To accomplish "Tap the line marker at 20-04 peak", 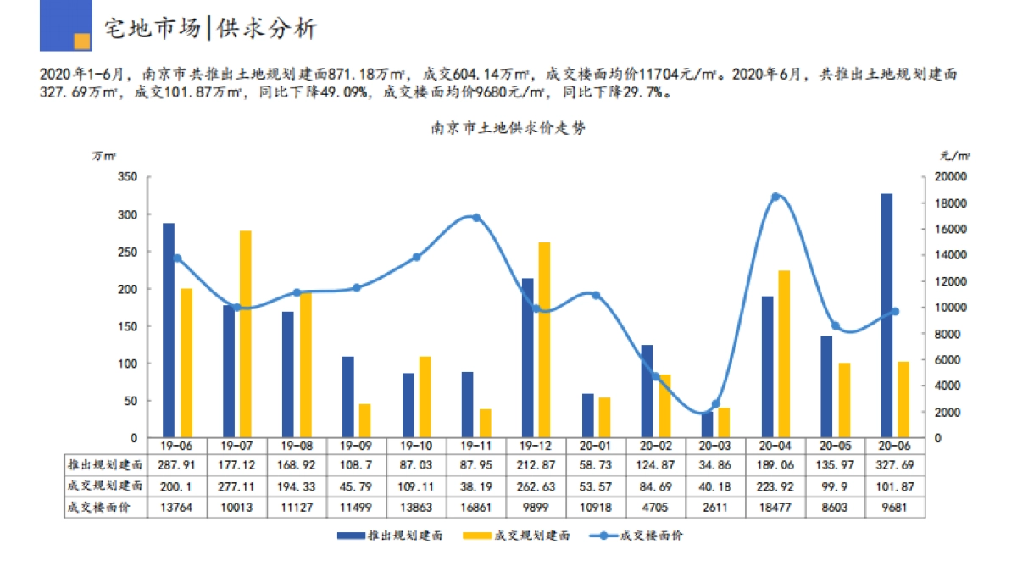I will pyautogui.click(x=775, y=197).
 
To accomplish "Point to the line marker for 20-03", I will pyautogui.click(x=715, y=404).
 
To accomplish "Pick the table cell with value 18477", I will pyautogui.click(x=775, y=507).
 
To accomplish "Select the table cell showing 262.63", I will pyautogui.click(x=536, y=486).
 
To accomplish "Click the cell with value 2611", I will pyautogui.click(x=715, y=507).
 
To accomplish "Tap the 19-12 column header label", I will pyautogui.click(x=536, y=446).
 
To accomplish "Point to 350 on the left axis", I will pyautogui.click(x=127, y=177).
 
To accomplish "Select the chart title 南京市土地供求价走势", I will pyautogui.click(x=508, y=129).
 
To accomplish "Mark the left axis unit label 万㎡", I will pyautogui.click(x=104, y=155).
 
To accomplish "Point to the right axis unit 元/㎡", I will pyautogui.click(x=955, y=155).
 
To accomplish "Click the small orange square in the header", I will pyautogui.click(x=82, y=41).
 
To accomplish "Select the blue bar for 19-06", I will pyautogui.click(x=169, y=330).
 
